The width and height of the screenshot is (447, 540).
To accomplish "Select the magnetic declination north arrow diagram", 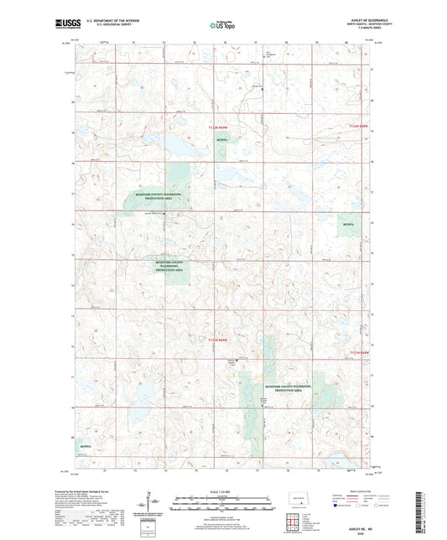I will [155, 503].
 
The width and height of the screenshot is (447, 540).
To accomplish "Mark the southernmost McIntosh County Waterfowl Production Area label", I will [288, 387].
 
